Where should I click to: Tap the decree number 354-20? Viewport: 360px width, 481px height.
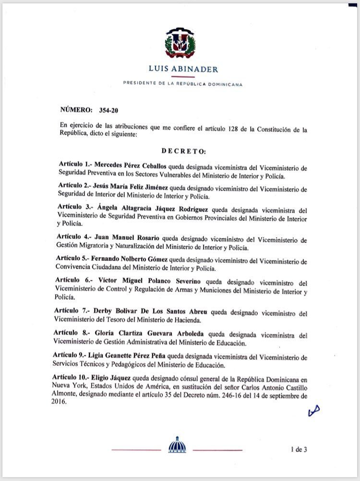[108, 110]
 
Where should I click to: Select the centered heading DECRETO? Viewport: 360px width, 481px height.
[184, 151]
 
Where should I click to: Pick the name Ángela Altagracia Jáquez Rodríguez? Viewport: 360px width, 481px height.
[148, 211]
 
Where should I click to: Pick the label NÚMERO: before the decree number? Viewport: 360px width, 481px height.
[76, 110]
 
